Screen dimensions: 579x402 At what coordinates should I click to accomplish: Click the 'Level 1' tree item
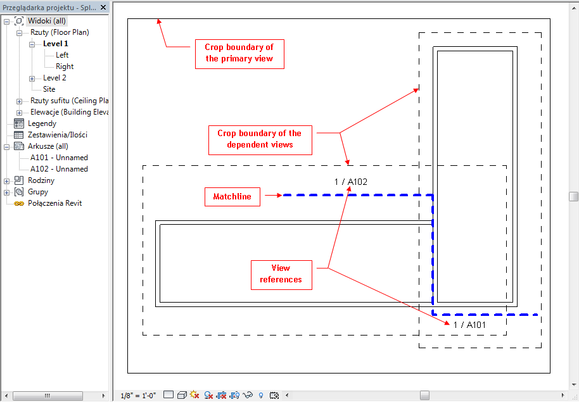[55, 44]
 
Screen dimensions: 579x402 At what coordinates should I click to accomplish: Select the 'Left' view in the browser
[62, 55]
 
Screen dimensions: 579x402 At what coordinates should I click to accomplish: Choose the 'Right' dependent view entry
[65, 66]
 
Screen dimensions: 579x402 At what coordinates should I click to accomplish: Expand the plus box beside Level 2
[32, 79]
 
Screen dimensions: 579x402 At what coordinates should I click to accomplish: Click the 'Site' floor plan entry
[49, 89]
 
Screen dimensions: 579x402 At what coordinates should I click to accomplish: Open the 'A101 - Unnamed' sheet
[59, 158]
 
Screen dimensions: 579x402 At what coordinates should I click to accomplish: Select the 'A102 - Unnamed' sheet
[59, 169]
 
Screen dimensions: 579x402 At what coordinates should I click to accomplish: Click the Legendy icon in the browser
[19, 123]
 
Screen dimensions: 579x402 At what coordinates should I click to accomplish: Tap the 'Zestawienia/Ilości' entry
[58, 135]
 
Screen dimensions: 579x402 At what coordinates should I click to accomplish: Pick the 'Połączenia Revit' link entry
[54, 203]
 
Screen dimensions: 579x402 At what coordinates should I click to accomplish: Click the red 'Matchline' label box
[232, 197]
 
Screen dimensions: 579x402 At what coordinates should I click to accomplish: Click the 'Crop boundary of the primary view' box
[239, 54]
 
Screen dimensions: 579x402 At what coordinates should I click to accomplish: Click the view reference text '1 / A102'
[351, 182]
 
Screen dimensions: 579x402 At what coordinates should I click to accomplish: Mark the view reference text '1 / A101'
[469, 325]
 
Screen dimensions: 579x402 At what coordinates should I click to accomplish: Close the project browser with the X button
[103, 8]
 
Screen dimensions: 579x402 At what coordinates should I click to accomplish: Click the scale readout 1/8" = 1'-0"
[138, 396]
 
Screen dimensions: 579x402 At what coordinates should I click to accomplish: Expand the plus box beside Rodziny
[6, 181]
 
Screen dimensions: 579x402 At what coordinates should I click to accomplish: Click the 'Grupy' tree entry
[38, 192]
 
